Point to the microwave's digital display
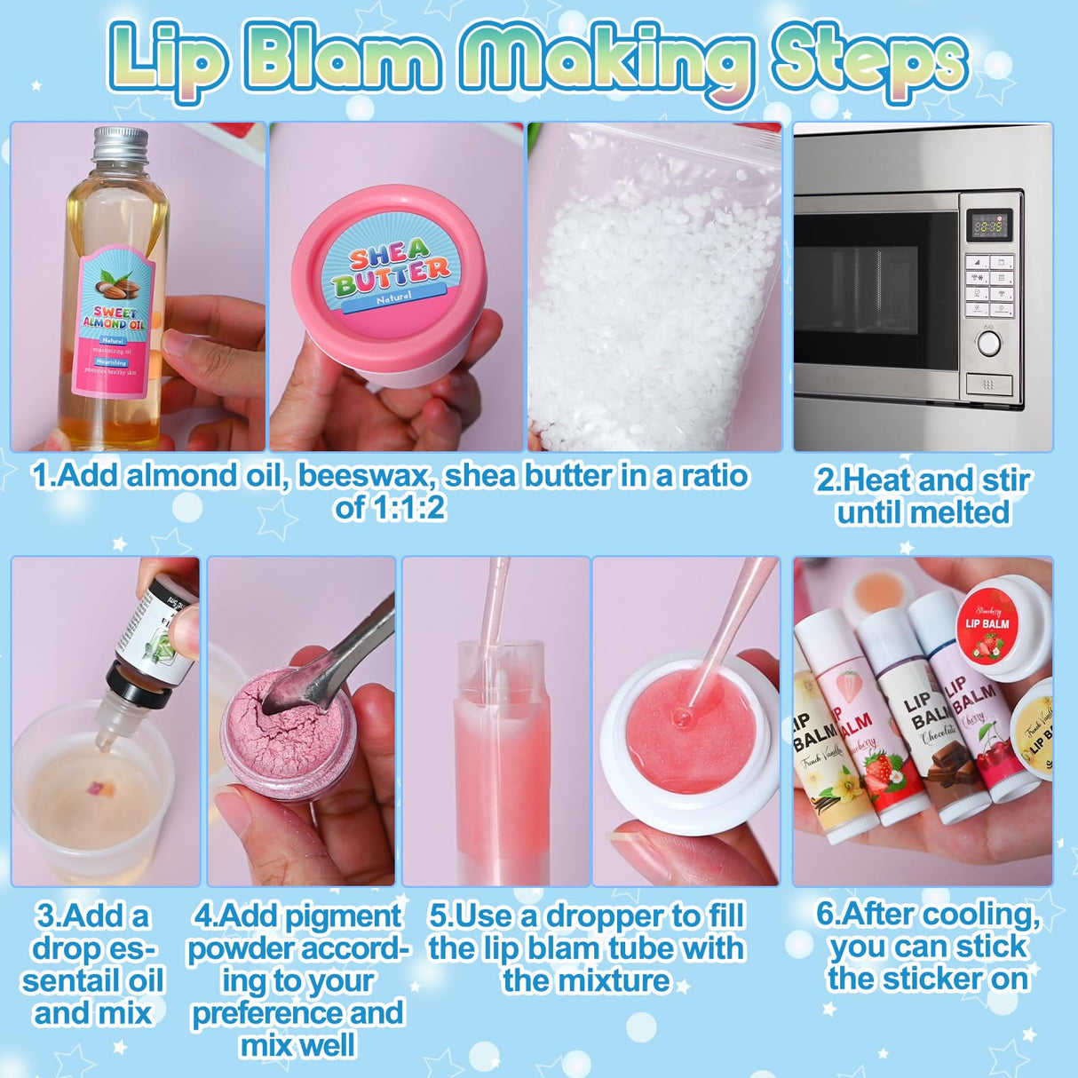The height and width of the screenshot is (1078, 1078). pyautogui.click(x=988, y=226)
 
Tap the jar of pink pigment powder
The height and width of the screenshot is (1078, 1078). pyautogui.click(x=286, y=737)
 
